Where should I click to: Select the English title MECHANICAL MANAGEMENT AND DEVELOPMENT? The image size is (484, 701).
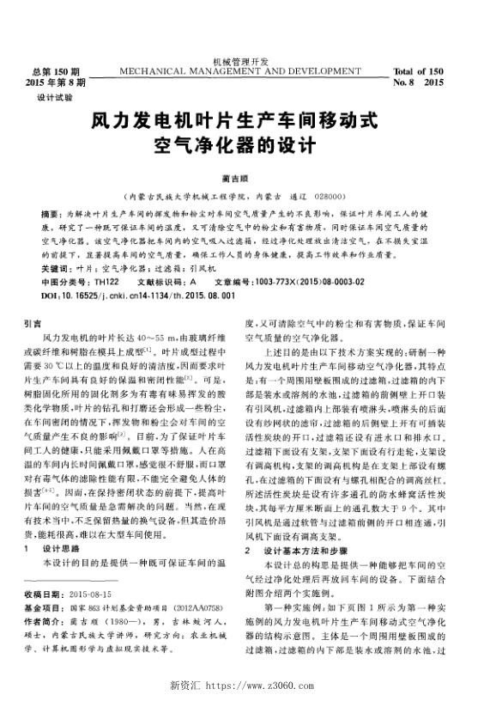(x=241, y=70)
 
